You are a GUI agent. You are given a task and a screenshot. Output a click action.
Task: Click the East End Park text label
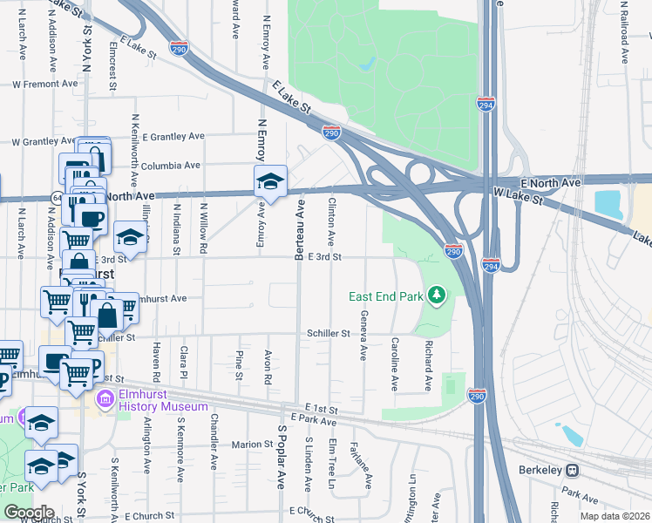(x=385, y=297)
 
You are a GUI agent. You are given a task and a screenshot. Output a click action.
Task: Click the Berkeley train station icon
(x=573, y=470)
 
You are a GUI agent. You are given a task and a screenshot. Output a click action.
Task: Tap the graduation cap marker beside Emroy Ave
(x=270, y=181)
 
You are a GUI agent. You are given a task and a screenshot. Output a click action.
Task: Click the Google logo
(x=28, y=513)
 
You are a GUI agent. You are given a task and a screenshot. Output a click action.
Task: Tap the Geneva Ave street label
(x=364, y=335)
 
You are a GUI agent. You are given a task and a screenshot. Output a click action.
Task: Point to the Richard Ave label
(x=428, y=364)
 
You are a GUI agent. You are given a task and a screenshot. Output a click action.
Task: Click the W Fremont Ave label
(x=45, y=85)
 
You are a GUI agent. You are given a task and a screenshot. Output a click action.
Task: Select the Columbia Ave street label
(x=172, y=165)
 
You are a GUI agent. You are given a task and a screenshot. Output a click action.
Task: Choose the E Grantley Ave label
(x=173, y=137)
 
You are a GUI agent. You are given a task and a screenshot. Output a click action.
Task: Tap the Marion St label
(x=254, y=445)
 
